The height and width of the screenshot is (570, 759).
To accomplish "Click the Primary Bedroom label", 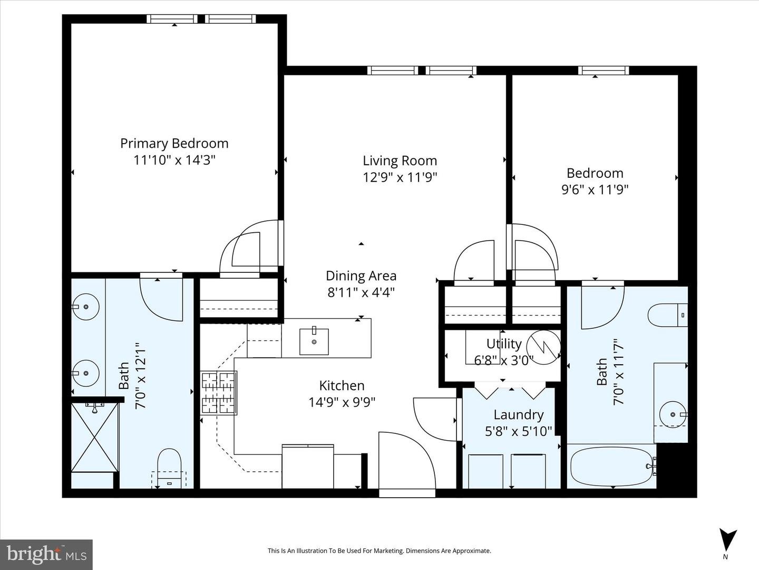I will [174, 144].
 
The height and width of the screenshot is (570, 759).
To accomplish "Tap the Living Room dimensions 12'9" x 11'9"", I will [400, 177].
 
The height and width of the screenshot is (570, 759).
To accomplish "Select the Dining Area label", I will [361, 275].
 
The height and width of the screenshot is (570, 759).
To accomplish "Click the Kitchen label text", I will [342, 386].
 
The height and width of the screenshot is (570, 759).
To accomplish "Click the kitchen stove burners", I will [218, 393].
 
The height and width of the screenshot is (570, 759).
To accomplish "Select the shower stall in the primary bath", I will [95, 437].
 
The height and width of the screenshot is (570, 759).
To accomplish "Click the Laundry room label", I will [518, 415].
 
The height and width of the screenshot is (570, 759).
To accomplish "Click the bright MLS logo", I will [46, 554].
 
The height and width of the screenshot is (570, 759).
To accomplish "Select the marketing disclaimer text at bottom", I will [379, 551].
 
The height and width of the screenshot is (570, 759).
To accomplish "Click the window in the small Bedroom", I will [604, 70].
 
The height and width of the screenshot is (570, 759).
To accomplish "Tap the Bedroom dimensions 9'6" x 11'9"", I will [595, 189].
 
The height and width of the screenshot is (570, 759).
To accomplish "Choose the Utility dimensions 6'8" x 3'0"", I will [504, 360].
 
